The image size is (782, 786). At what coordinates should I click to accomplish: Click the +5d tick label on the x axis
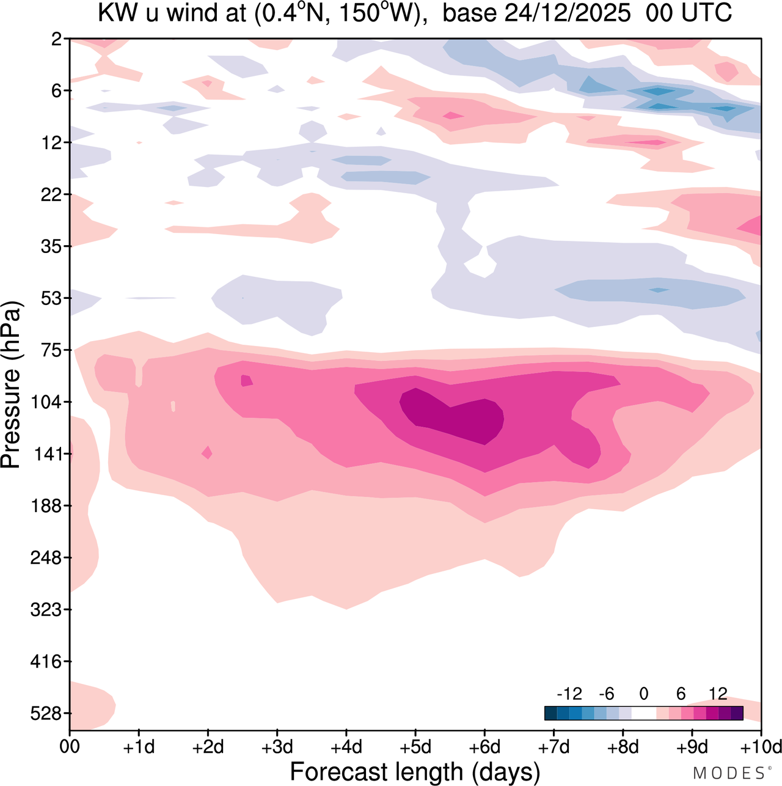click(415, 747)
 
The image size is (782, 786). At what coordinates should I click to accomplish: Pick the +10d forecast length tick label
click(761, 747)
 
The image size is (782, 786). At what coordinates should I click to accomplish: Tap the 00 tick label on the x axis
click(70, 747)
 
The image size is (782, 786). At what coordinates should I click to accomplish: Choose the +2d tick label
click(208, 747)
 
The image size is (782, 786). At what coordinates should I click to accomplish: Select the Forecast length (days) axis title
click(415, 771)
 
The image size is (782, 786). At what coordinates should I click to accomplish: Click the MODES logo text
click(729, 773)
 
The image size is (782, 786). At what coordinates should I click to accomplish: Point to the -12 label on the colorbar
click(569, 694)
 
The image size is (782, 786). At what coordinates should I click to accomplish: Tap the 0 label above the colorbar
click(643, 694)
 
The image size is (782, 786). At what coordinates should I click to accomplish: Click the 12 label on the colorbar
click(718, 694)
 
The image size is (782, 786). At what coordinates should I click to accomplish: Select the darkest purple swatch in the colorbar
click(737, 713)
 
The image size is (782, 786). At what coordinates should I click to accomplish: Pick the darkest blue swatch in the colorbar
click(550, 713)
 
